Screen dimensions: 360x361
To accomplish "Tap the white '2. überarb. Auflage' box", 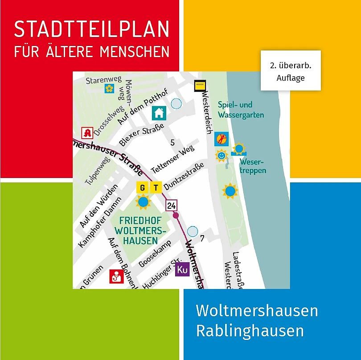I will (x=290, y=70).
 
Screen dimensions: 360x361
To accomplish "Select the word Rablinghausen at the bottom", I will (x=250, y=331).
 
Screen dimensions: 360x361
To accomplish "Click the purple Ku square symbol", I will (x=182, y=269).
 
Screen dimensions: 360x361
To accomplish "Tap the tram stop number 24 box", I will (x=172, y=205).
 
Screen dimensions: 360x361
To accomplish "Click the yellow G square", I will (x=143, y=188).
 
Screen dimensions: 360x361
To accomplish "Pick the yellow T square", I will (x=156, y=188).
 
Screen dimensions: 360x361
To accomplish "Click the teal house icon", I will (x=159, y=113).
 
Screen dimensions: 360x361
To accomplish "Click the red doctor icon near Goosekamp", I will (x=116, y=277).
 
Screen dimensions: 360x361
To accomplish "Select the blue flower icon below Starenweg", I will (x=109, y=89).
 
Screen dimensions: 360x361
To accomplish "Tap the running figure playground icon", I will (x=221, y=139).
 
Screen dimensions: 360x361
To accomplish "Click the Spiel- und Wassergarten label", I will (x=241, y=110).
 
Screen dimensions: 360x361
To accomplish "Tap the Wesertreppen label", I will (x=253, y=166).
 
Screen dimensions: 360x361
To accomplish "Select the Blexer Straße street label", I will (x=136, y=137).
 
